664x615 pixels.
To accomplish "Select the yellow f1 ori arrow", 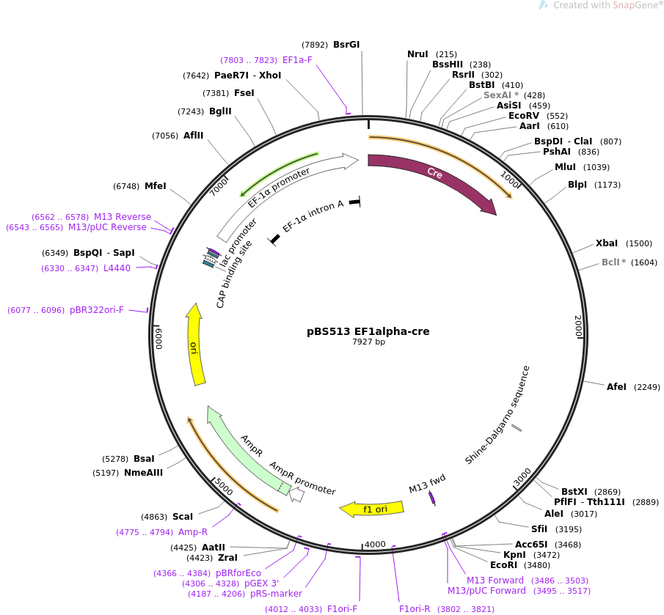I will [374, 508].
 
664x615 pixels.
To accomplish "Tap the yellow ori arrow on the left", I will [196, 345].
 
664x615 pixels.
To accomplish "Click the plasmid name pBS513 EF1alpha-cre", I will [368, 331].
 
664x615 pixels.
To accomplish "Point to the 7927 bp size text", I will [368, 342].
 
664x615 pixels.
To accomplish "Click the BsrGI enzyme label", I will [346, 45].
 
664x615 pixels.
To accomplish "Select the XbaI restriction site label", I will [607, 243].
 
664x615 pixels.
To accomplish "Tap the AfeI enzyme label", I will [616, 387].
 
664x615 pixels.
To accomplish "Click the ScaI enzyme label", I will [183, 517].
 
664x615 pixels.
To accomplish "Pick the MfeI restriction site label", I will [156, 186].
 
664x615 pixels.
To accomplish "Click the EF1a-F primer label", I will [297, 60].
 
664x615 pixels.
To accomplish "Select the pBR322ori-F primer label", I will [97, 310].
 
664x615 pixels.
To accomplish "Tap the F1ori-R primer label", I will [415, 609].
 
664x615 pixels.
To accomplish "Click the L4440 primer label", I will [117, 268].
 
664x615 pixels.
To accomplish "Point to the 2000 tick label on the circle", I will [578, 326].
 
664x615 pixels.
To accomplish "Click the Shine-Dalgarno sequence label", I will [497, 415].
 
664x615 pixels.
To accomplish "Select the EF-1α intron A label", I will [313, 216].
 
